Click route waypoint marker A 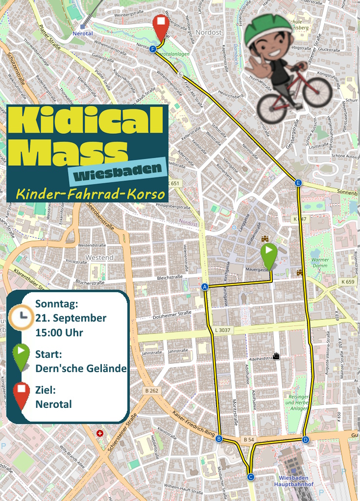click(x=205, y=287)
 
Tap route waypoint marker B click(x=219, y=439)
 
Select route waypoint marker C click(x=250, y=476)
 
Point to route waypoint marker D click(x=306, y=439)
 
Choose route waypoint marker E click(x=298, y=183)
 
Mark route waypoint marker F click(x=153, y=49)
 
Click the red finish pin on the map click(x=161, y=27)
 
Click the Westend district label click(x=99, y=257)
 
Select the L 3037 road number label click(x=223, y=331)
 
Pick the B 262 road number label click(x=152, y=391)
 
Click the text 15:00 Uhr click(x=59, y=332)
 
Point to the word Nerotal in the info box click(x=53, y=404)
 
